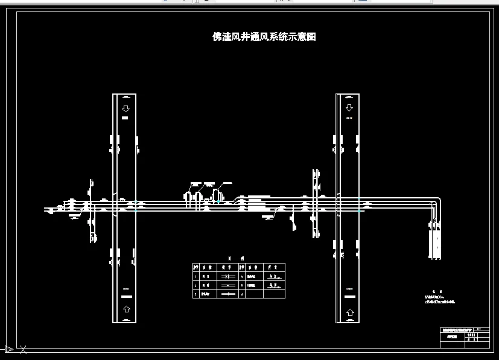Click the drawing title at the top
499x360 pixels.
point(264,37)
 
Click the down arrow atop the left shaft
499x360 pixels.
point(125,109)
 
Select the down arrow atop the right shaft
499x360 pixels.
point(349,109)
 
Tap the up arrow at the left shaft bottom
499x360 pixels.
point(125,309)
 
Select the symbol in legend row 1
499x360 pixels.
point(227,275)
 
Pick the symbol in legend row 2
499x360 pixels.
point(227,285)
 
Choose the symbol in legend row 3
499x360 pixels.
point(227,294)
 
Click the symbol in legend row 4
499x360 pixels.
point(275,275)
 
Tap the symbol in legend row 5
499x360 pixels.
point(275,285)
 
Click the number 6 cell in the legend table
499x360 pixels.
point(242,294)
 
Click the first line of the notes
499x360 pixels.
point(434,296)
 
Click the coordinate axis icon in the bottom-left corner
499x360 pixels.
point(8,349)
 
